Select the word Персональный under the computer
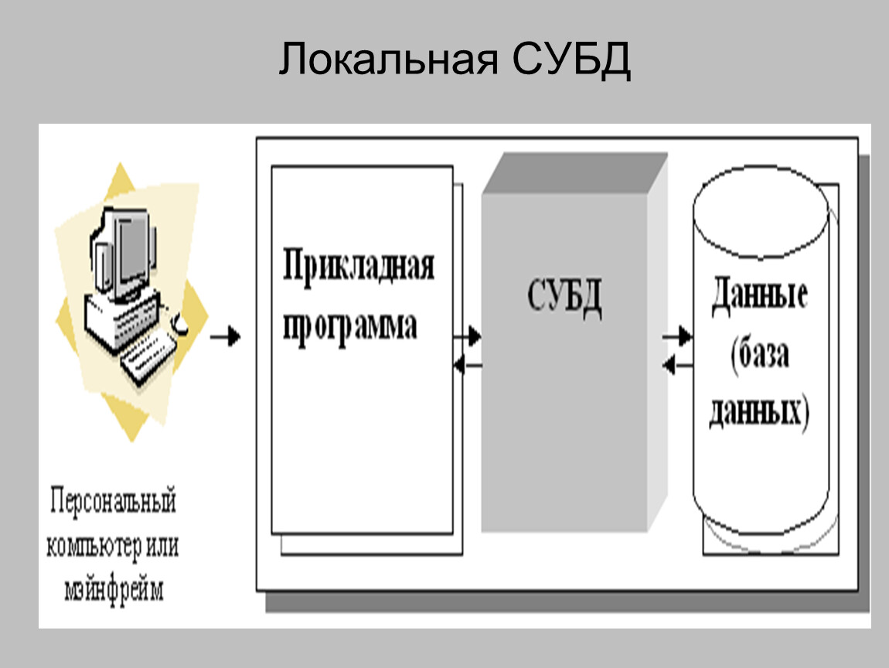point(114,502)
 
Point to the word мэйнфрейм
point(114,591)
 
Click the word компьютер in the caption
point(93,547)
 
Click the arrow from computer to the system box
point(226,337)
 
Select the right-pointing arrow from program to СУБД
point(467,337)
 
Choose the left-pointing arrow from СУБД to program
point(467,364)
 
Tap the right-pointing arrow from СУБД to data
point(677,337)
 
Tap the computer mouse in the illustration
point(179,325)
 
